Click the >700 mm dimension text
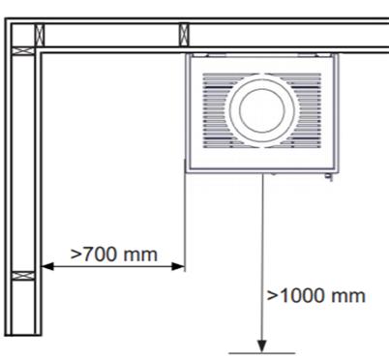114,255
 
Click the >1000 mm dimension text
316,295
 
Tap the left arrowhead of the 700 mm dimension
47,266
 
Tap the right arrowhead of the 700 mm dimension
178,266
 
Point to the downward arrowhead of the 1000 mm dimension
262,346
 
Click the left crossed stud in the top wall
40,35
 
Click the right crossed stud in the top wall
184,35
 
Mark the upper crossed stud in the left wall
23,51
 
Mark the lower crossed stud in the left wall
23,276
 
